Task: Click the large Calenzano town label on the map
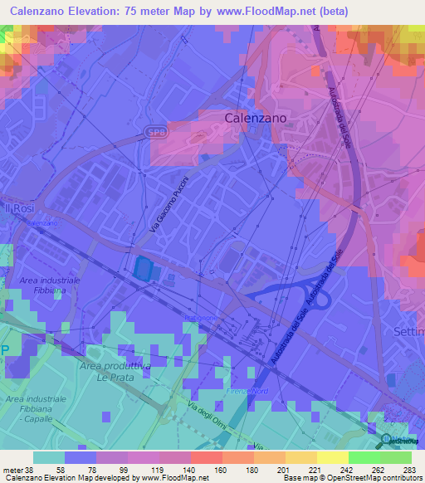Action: click(x=256, y=119)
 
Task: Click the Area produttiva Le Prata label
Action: click(x=115, y=371)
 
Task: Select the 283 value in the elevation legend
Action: click(x=408, y=469)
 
